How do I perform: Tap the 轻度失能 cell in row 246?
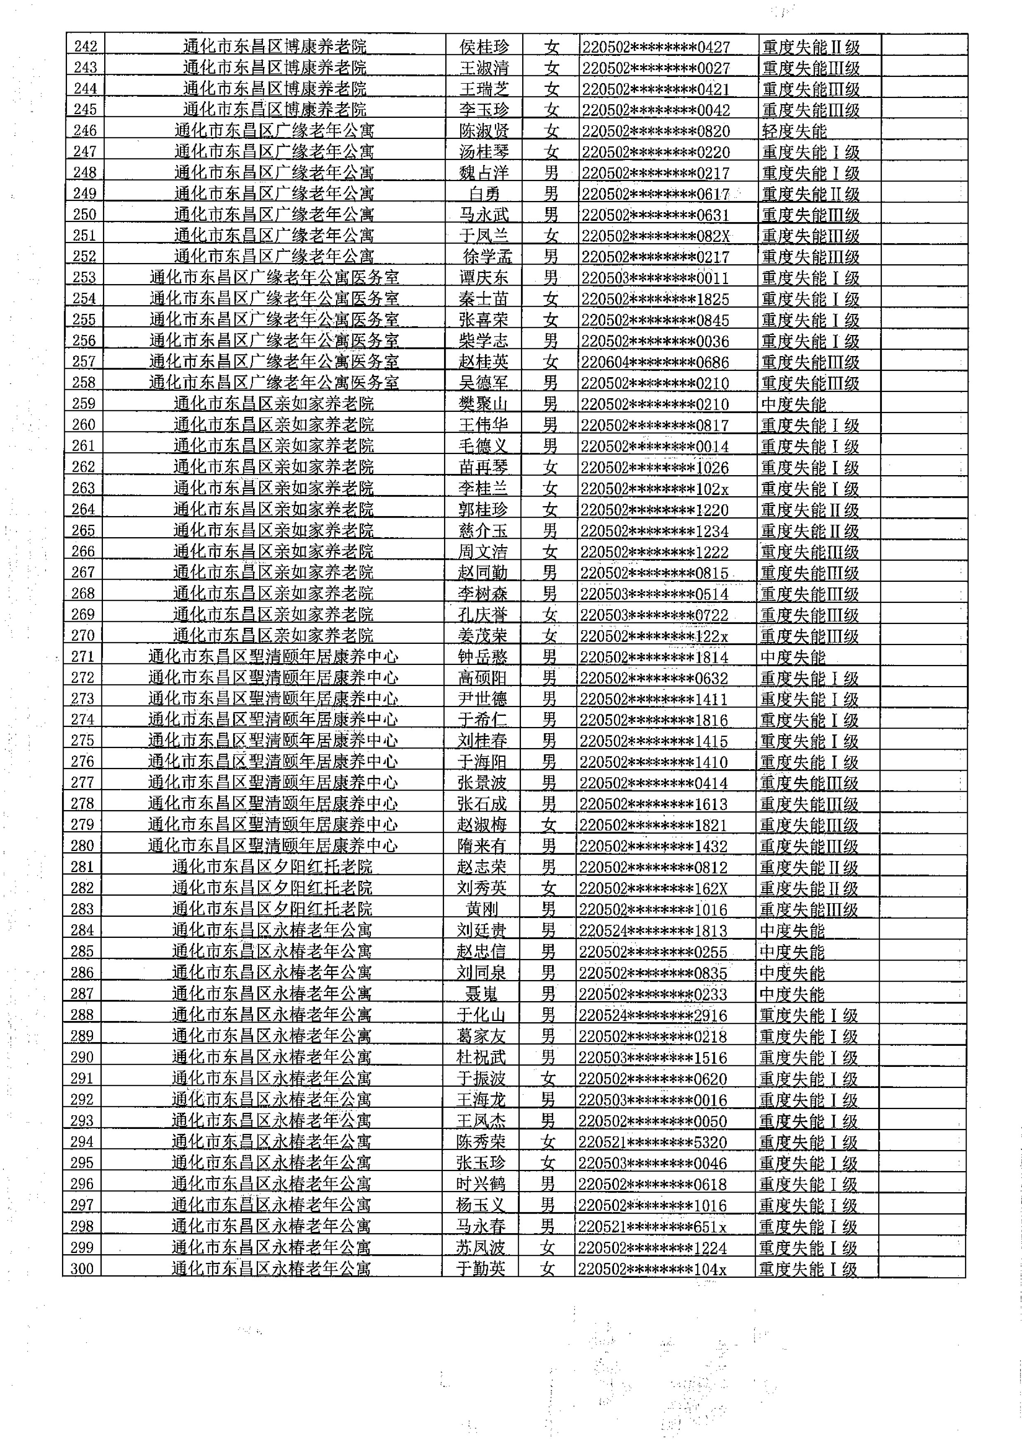tap(794, 131)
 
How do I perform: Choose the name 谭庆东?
tap(483, 277)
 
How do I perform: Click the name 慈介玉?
tap(482, 531)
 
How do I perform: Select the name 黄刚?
tap(482, 909)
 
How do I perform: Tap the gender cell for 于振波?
tap(548, 1078)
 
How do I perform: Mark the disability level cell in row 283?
tap(809, 909)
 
